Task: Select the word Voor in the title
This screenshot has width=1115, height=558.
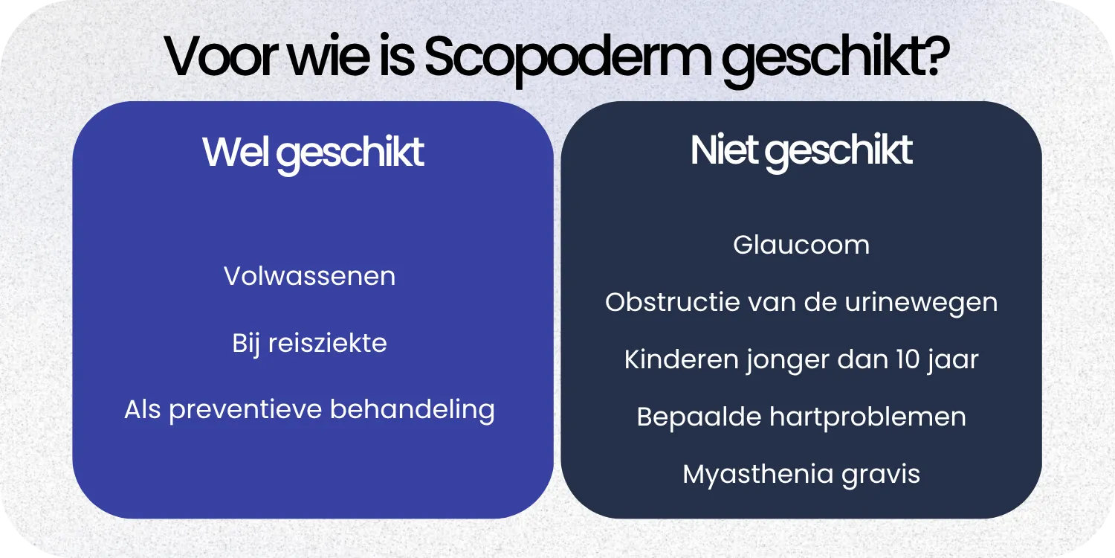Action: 216,58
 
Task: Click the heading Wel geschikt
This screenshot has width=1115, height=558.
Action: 313,153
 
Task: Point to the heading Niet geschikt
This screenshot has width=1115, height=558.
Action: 801,151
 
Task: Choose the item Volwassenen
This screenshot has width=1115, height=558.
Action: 309,276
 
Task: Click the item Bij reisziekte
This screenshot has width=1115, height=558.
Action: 309,343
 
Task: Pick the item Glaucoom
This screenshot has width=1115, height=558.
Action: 801,245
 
